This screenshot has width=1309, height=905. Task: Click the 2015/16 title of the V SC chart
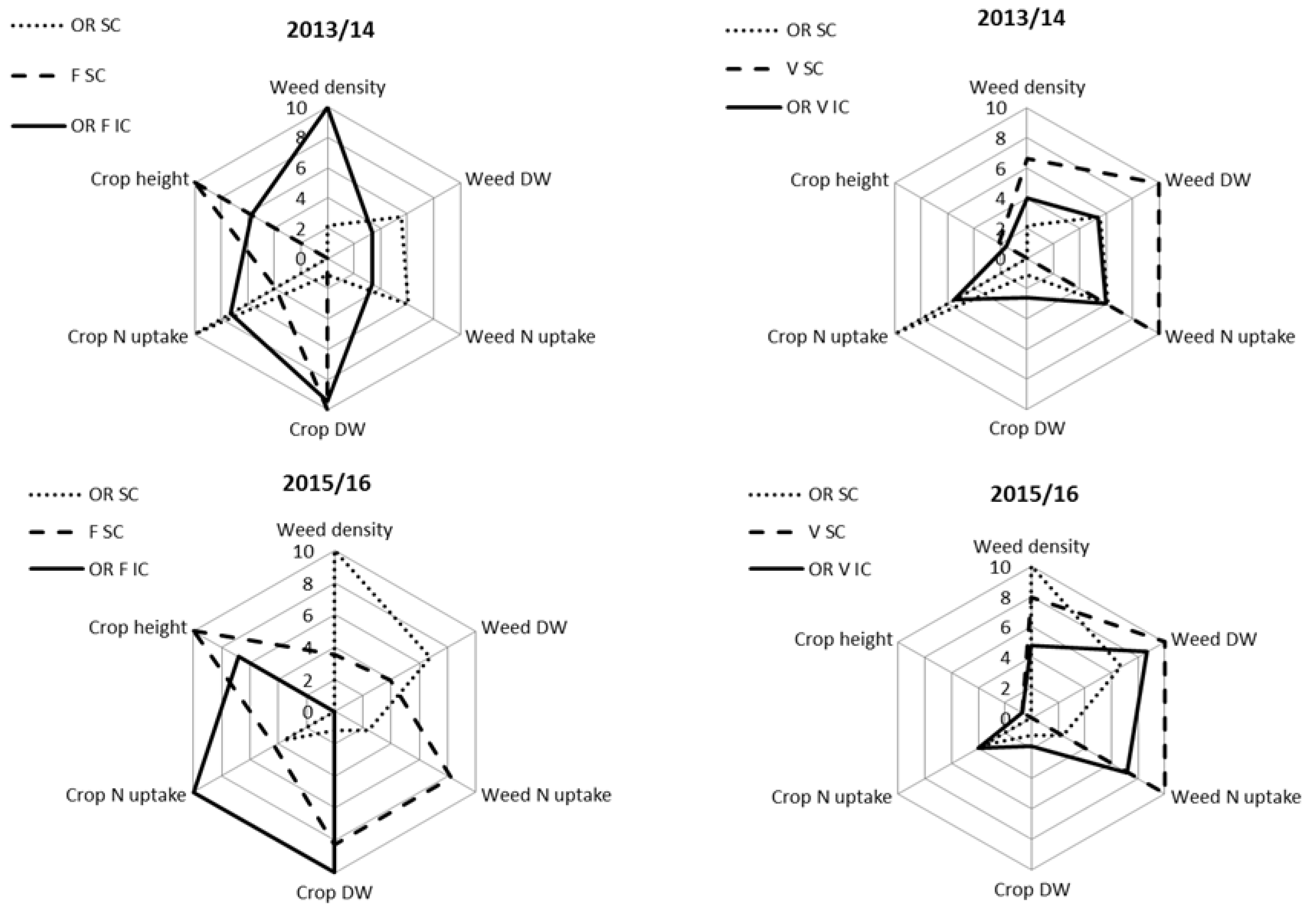(1034, 494)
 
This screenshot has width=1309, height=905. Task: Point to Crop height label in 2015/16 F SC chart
(137, 627)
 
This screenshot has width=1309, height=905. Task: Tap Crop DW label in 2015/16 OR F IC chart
(335, 892)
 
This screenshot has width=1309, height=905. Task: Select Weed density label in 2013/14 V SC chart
(1026, 87)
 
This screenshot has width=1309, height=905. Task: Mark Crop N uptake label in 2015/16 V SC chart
(831, 797)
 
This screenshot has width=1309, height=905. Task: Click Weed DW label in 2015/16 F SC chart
(524, 627)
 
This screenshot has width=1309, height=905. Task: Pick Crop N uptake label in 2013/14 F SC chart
(127, 336)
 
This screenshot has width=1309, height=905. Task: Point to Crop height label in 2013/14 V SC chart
(839, 180)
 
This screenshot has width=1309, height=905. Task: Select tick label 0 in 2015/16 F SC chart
(307, 712)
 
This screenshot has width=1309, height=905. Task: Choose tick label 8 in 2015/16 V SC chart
(1005, 597)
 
